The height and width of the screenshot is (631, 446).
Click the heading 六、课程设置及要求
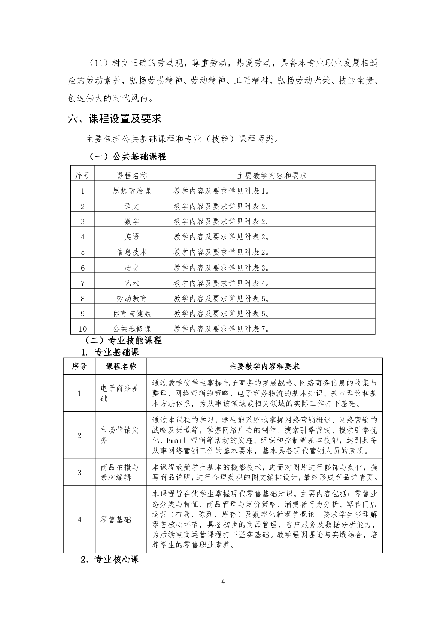click(115, 119)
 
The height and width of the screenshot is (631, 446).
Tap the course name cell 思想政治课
click(132, 191)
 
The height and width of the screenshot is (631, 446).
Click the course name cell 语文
click(132, 206)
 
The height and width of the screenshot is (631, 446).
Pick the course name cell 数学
click(132, 221)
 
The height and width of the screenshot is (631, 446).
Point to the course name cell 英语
click(132, 237)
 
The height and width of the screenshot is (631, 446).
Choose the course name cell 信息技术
click(132, 252)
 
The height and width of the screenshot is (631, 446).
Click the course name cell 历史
click(132, 268)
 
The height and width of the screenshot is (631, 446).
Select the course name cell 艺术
click(132, 283)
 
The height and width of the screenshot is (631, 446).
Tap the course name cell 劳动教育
click(132, 298)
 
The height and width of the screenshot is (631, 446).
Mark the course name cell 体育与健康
click(132, 313)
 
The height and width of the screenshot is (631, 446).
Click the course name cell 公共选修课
click(132, 329)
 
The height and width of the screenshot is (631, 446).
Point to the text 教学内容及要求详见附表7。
click(222, 329)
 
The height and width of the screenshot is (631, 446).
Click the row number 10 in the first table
click(83, 329)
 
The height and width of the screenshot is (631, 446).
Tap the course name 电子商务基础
click(120, 393)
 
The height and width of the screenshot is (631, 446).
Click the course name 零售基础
click(116, 520)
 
